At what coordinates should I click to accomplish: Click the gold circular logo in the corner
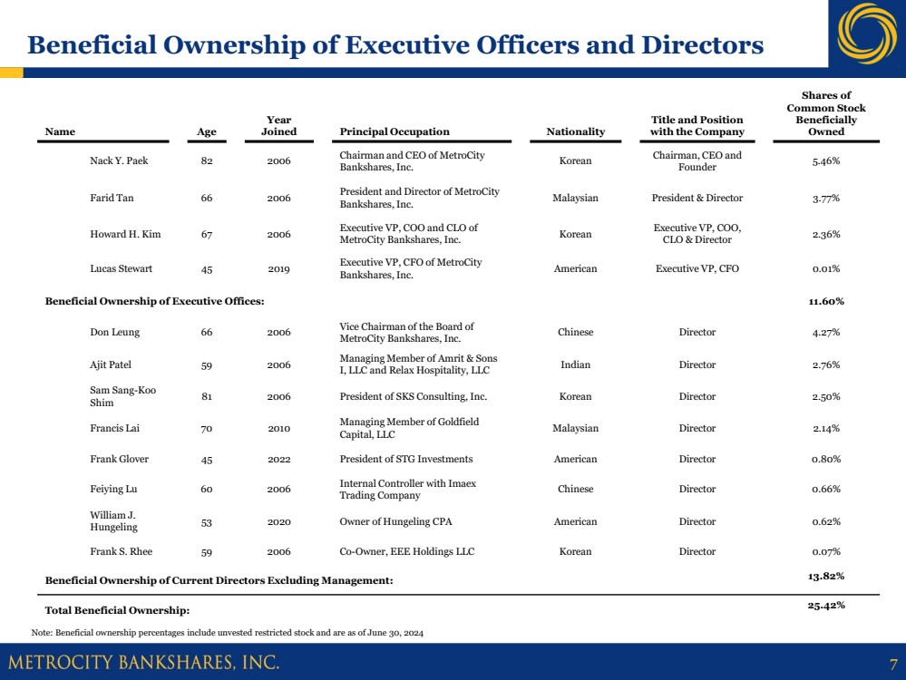865,34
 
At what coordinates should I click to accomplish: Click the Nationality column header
575,131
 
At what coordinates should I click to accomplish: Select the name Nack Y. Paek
119,160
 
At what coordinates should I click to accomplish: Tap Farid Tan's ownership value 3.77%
825,198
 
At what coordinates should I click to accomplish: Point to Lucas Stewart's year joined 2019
278,268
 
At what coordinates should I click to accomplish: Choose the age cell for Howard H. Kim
207,234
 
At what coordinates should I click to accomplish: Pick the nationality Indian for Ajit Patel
575,364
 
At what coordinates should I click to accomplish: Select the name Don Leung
114,332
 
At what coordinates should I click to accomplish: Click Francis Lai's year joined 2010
278,428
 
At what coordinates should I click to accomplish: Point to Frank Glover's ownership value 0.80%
825,459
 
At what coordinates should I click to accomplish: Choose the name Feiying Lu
113,489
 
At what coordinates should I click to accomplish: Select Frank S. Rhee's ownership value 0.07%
825,551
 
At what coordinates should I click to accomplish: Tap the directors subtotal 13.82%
826,576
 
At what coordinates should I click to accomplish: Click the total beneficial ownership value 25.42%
826,605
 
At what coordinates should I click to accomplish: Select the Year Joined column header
278,125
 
